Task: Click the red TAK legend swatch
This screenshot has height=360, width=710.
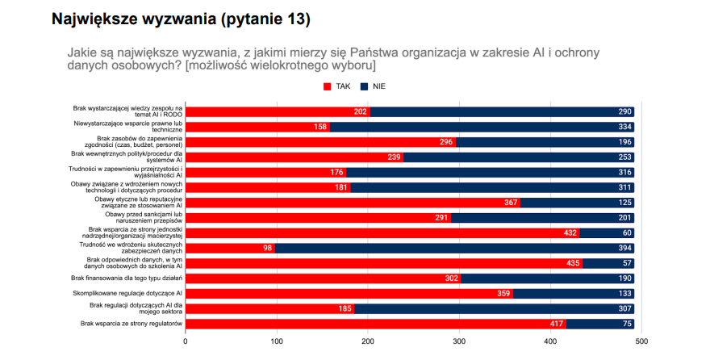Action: (328, 86)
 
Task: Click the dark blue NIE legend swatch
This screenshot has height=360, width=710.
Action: (365, 86)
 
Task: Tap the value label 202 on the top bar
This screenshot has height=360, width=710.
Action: (361, 111)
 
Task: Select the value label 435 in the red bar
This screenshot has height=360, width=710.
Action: (574, 263)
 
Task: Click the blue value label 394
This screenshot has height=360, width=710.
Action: (623, 248)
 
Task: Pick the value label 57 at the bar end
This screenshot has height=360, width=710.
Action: (625, 263)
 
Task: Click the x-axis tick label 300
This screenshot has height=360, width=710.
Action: (459, 341)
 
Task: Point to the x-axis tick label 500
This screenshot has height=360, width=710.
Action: (641, 341)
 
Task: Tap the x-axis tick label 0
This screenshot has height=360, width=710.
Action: (186, 341)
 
